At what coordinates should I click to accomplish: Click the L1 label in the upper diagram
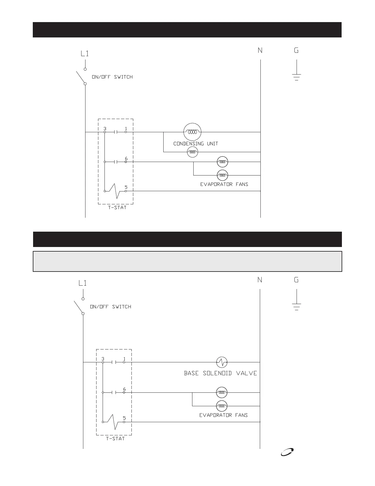[85, 54]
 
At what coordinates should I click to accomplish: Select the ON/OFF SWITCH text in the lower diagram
[110, 307]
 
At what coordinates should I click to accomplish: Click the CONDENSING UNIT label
[196, 144]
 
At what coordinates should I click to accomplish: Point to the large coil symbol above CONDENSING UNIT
[192, 132]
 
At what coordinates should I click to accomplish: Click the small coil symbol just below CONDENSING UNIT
[192, 152]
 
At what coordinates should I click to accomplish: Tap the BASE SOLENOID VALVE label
[220, 373]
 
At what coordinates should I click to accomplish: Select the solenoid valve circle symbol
[222, 362]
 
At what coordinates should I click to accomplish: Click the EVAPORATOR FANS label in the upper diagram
[224, 184]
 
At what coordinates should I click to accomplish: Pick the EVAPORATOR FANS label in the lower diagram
[223, 415]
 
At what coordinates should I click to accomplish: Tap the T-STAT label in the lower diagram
[115, 439]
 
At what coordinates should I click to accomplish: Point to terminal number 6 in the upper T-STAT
[126, 159]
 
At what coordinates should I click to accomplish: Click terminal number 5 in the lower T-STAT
[124, 418]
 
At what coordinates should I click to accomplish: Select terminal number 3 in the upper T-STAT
[105, 129]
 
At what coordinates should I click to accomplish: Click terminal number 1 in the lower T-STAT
[124, 359]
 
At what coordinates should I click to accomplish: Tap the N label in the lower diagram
[260, 280]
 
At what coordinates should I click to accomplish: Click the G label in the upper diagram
[296, 51]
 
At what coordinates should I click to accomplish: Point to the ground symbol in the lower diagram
[297, 306]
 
